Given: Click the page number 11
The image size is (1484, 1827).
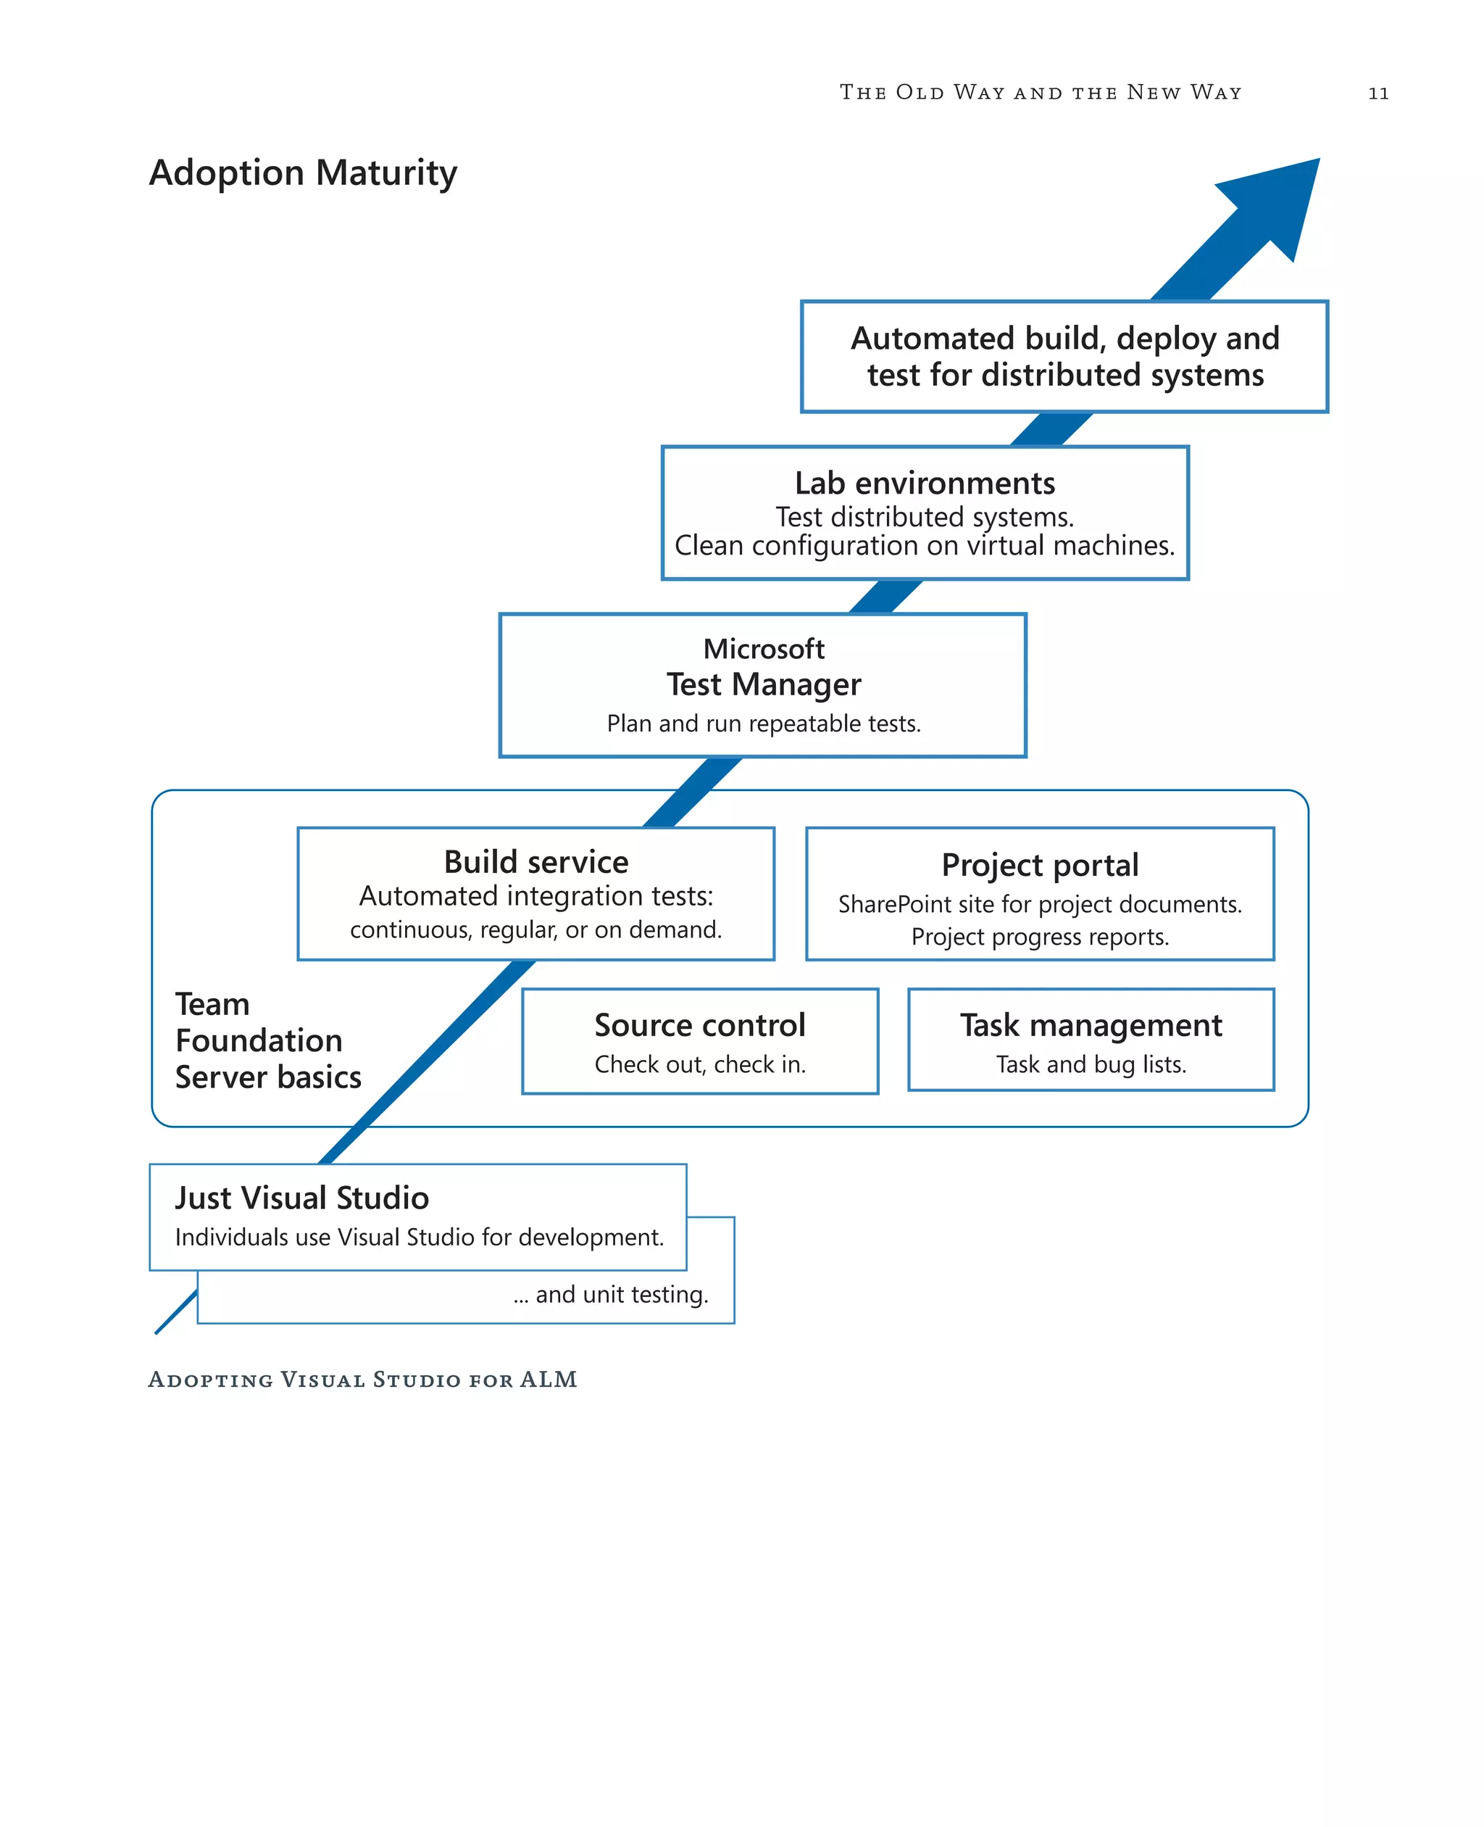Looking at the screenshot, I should click(x=1378, y=94).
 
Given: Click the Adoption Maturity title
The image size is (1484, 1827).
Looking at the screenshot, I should click(x=303, y=173).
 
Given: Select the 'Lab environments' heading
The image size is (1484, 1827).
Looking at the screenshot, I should click(x=925, y=484).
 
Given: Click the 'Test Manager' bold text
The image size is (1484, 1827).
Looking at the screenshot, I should click(x=763, y=684).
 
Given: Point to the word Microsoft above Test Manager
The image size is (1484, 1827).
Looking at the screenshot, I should click(x=763, y=648).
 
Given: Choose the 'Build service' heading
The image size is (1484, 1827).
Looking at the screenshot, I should click(x=536, y=861).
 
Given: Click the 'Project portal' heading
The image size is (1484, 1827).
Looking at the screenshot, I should click(x=1040, y=865).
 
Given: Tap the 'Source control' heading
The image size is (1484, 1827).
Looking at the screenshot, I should click(x=699, y=1024).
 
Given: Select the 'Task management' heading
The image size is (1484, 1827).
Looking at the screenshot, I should click(x=1091, y=1024).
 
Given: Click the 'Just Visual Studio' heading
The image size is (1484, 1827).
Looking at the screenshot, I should click(x=301, y=1198).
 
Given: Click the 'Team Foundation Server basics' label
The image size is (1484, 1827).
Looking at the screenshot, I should click(x=267, y=1040).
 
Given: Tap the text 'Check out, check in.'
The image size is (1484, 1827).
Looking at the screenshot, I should click(x=699, y=1064).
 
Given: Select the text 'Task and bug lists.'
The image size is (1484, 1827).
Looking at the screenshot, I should click(x=1091, y=1064).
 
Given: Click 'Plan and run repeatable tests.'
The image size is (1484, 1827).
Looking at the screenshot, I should click(x=763, y=724).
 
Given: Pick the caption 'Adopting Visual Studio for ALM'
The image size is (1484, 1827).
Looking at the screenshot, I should click(x=362, y=1380).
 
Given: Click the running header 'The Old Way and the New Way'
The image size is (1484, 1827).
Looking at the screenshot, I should click(x=1041, y=92).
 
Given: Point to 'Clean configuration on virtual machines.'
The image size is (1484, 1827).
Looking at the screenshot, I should click(x=925, y=546).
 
